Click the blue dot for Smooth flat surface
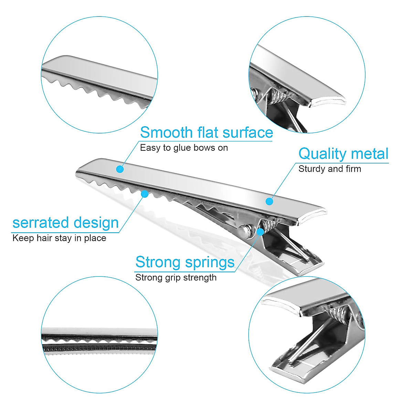tap(120, 169)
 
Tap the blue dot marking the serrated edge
tap(145, 194)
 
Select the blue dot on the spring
tap(261, 232)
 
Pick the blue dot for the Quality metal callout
tap(270, 201)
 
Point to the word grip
tap(176, 278)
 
